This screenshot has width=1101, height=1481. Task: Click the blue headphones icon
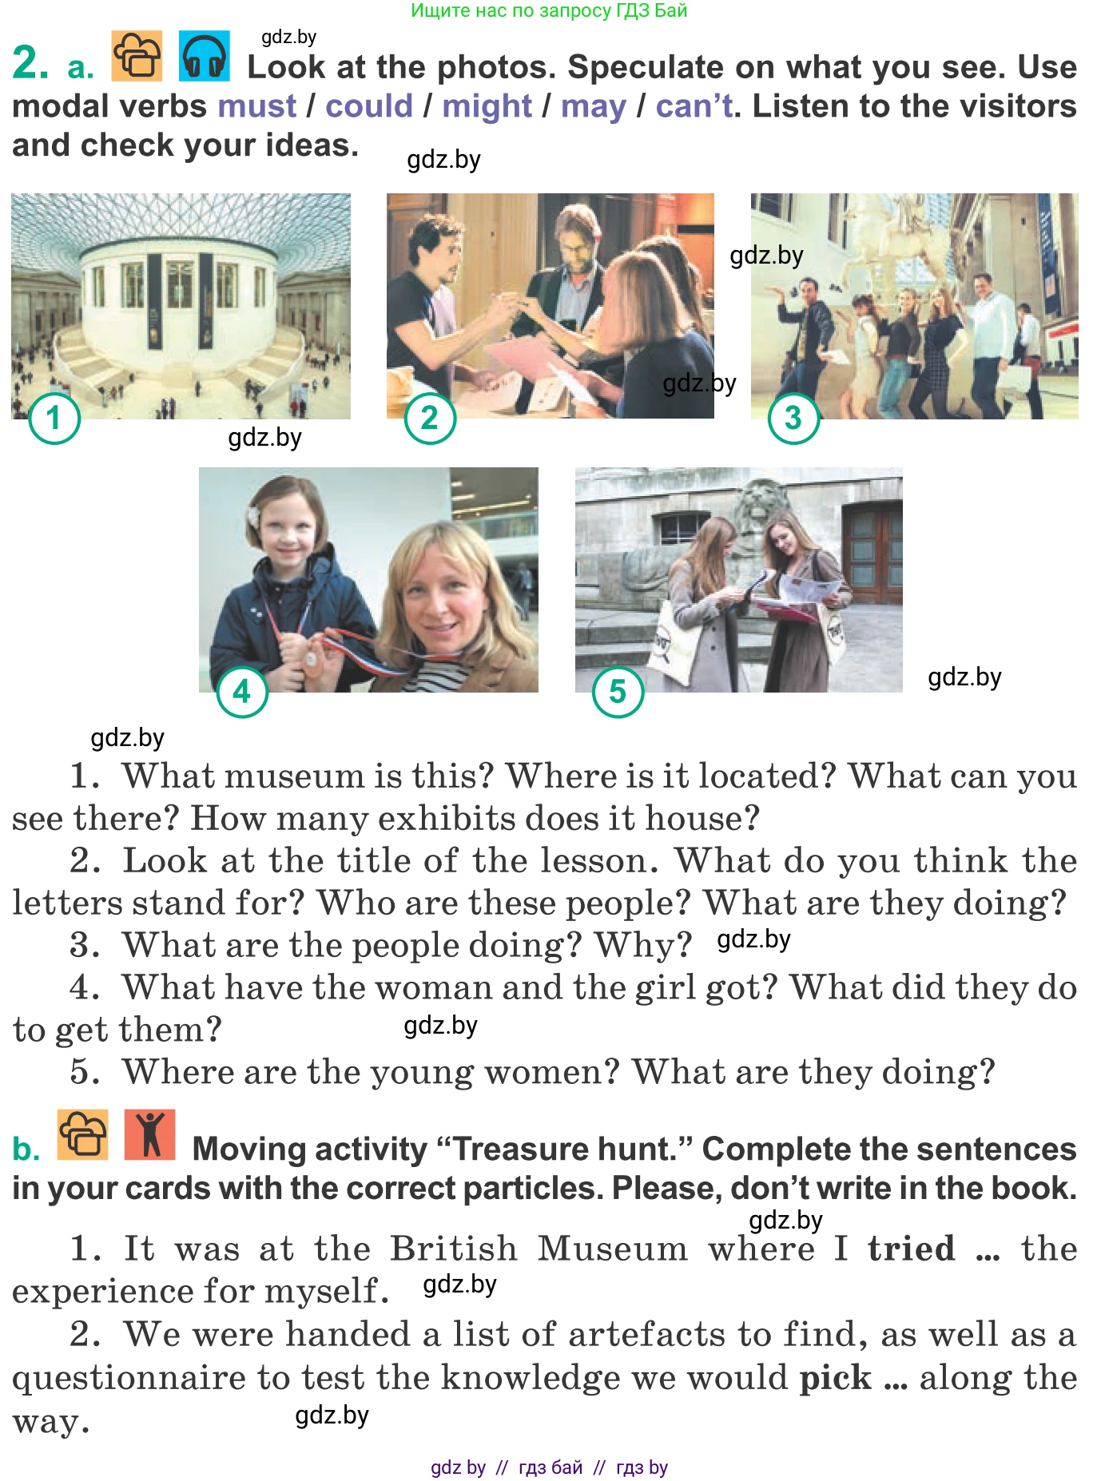click(x=205, y=56)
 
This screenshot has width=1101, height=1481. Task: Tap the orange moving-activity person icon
click(x=149, y=1134)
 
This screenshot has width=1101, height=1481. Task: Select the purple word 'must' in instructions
click(x=256, y=105)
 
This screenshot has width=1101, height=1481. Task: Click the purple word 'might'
click(x=487, y=106)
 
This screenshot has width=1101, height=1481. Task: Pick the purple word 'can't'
click(x=694, y=105)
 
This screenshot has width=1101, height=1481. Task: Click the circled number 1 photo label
click(x=54, y=418)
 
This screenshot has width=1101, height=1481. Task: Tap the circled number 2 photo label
click(x=430, y=418)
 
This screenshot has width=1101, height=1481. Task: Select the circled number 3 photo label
click(x=793, y=418)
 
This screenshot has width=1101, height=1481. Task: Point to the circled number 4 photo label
click(x=242, y=692)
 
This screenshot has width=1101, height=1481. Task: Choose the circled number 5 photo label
click(x=618, y=692)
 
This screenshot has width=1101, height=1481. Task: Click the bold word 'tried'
click(x=912, y=1248)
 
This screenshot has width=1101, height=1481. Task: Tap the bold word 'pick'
click(x=835, y=1377)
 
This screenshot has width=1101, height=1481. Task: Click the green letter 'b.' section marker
click(x=26, y=1149)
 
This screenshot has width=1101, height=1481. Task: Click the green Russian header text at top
click(x=549, y=10)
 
